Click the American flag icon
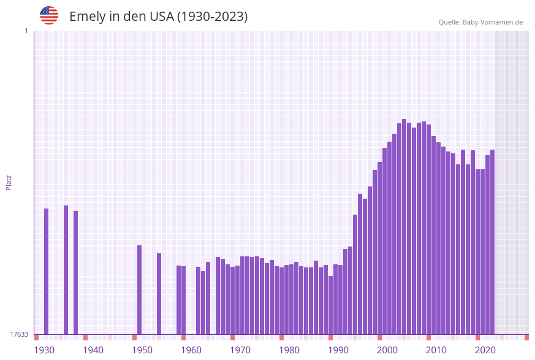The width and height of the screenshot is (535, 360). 49,15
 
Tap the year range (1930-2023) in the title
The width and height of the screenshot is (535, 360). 212,17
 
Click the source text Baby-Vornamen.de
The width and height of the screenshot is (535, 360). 493,22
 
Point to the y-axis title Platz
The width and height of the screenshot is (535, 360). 9,182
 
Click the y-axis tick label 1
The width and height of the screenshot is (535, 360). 26,31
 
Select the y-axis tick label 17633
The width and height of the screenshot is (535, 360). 19,334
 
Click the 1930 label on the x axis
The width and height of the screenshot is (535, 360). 44,350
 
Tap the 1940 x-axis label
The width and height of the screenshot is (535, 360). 93,350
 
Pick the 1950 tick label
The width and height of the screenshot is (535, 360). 142,350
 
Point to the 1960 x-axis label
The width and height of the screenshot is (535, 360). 191,350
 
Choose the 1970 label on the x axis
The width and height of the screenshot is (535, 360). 240,350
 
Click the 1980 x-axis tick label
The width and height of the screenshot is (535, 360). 289,350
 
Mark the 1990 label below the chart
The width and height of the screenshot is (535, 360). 338,350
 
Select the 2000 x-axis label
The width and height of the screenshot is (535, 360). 387,350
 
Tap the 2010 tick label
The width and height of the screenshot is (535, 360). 436,350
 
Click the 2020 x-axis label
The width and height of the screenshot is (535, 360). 485,350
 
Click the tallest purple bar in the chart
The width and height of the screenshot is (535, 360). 404,227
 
